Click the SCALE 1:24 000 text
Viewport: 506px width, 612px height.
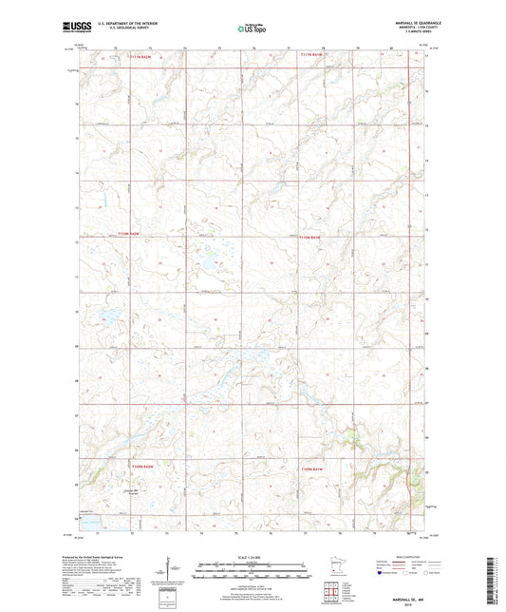tap(252, 545)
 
